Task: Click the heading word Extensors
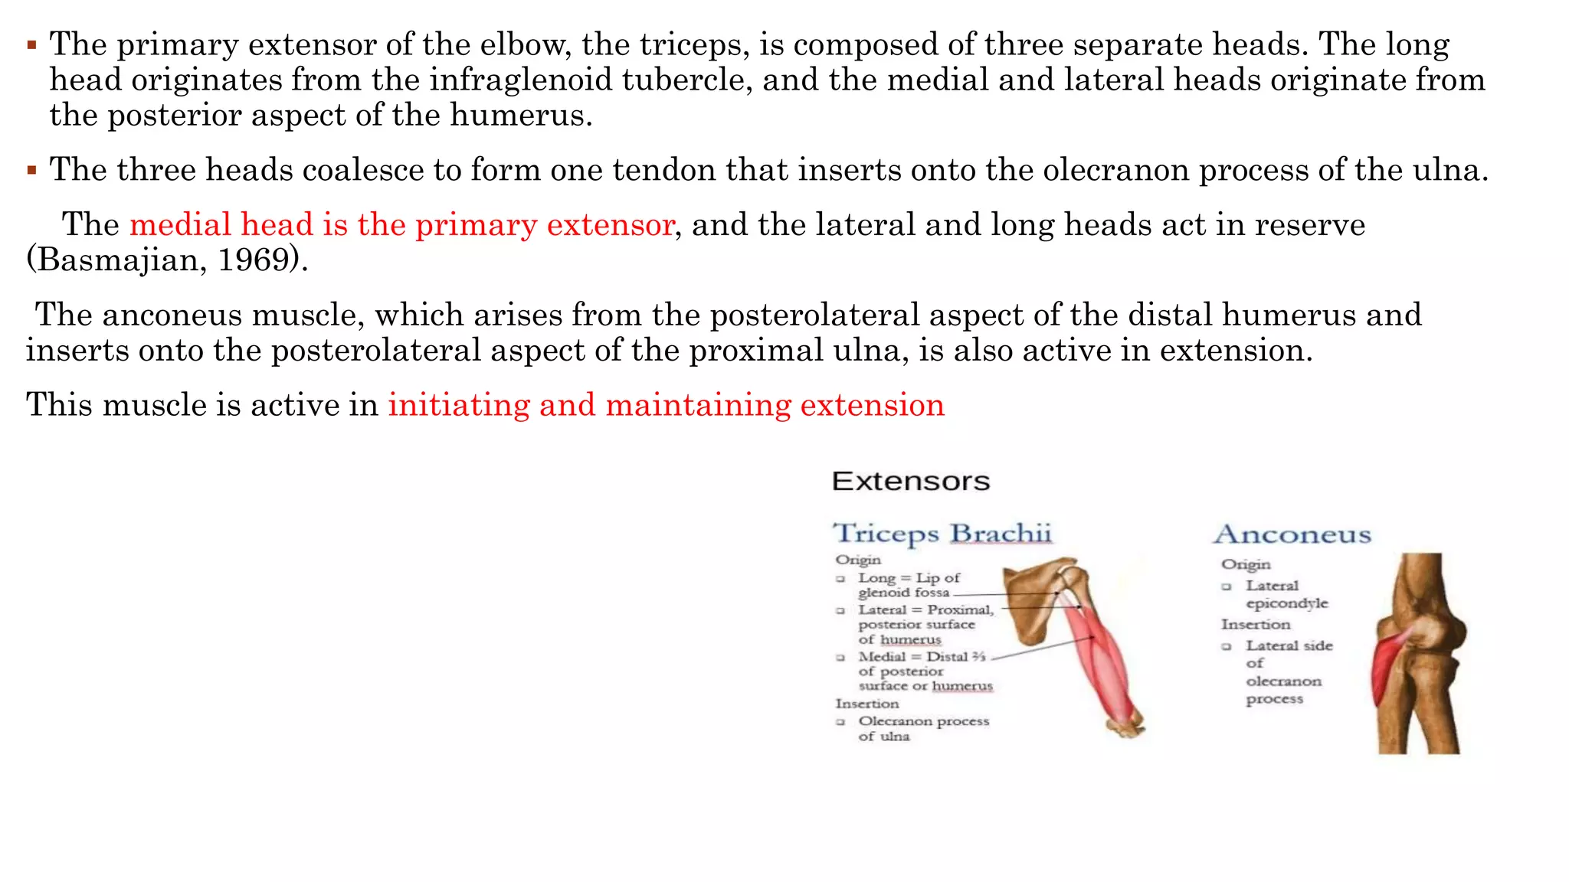coord(910,482)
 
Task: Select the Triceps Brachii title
coord(942,534)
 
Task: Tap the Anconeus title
coord(1292,534)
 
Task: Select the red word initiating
coord(458,405)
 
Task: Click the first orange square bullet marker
coord(31,45)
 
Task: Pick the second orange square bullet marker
coord(31,170)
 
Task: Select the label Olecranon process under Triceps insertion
coord(923,721)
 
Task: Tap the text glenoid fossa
coord(903,593)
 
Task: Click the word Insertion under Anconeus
coord(1255,625)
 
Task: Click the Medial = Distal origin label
coord(921,657)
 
